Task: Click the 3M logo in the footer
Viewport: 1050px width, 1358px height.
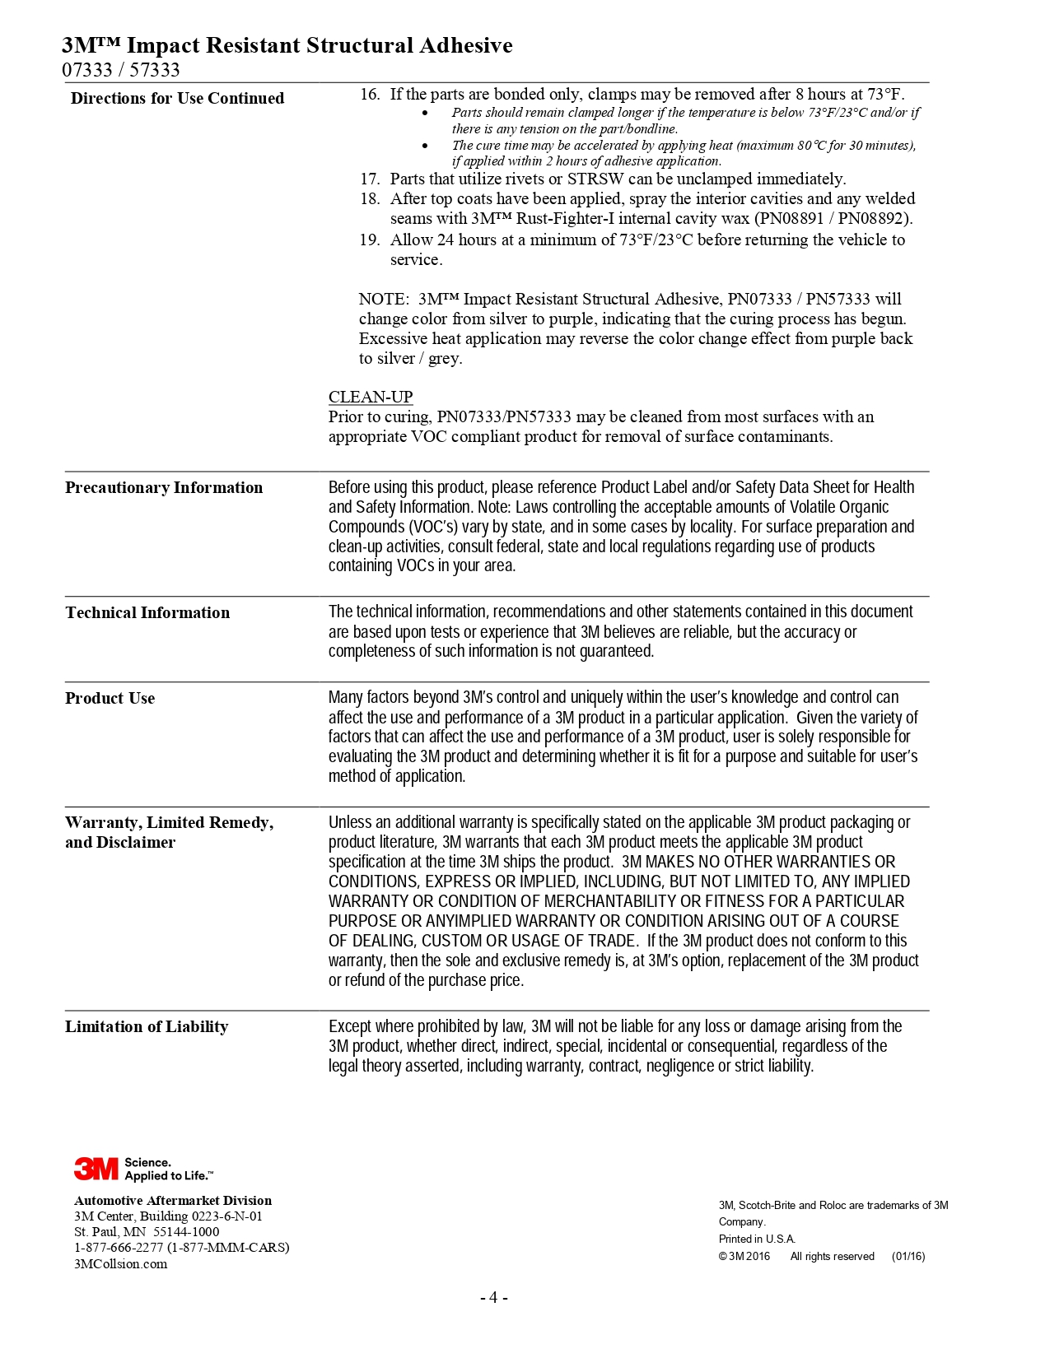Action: click(x=96, y=1169)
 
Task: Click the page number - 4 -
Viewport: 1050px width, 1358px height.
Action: click(x=493, y=1298)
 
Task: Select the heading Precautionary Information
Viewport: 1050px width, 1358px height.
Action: click(x=164, y=487)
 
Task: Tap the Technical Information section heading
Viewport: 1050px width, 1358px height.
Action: click(x=147, y=612)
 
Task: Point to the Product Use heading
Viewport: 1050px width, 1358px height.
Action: click(x=110, y=698)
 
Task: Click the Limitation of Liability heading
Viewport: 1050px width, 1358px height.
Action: click(x=147, y=1026)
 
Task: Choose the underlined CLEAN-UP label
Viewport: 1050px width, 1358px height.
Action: click(x=371, y=397)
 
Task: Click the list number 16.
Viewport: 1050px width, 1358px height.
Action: click(x=369, y=94)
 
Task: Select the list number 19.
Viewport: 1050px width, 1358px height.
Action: click(x=369, y=240)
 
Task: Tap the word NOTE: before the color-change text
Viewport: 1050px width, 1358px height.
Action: click(x=383, y=299)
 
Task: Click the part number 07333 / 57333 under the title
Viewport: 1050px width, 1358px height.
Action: click(x=121, y=70)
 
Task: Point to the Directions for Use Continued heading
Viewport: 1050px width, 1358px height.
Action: click(x=177, y=98)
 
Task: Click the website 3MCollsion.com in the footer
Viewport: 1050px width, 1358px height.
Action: click(x=120, y=1264)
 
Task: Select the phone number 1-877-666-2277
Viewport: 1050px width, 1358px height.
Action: click(x=119, y=1248)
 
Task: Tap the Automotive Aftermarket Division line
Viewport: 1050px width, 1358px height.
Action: click(x=173, y=1200)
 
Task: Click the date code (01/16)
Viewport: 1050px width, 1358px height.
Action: click(x=908, y=1257)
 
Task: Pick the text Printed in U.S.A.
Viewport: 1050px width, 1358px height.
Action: click(x=757, y=1239)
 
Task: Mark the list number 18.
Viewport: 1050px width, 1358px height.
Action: click(x=369, y=198)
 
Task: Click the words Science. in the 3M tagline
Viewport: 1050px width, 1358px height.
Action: click(x=148, y=1162)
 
